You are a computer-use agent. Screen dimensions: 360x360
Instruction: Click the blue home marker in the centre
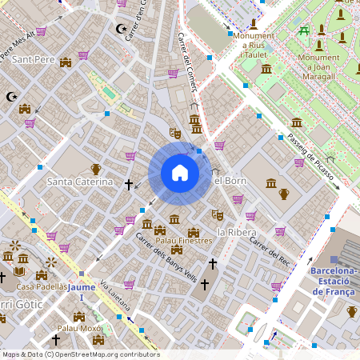180,173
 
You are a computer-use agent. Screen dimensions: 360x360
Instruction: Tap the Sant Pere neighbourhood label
33,60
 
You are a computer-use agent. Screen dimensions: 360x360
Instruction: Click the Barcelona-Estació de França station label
334,281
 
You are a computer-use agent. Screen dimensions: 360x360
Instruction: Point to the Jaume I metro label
82,286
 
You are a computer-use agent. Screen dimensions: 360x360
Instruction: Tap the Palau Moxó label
80,328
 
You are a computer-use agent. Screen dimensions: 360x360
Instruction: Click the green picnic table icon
304,31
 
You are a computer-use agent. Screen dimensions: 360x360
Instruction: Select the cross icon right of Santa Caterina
129,184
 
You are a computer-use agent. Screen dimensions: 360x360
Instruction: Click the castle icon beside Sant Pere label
66,61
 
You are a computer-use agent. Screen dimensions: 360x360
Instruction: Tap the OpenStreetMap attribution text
81,354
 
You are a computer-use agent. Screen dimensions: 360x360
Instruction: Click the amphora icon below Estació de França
352,311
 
